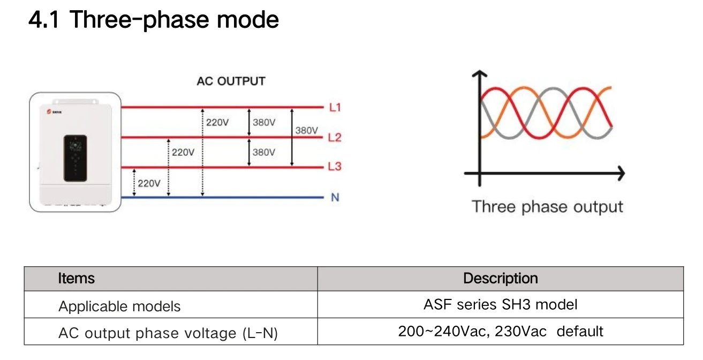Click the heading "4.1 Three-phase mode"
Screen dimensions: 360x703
[x=154, y=20]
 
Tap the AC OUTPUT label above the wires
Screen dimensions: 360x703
[x=231, y=81]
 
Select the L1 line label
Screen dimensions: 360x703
[x=335, y=108]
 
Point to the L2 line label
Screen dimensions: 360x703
[x=335, y=138]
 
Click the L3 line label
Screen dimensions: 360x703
[x=335, y=167]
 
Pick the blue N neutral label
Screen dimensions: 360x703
[x=335, y=198]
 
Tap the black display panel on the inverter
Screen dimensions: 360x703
[x=75, y=157]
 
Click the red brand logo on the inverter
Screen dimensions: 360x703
[x=46, y=113]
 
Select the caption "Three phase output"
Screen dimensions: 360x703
[x=547, y=207]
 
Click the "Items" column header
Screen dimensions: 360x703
[x=76, y=279]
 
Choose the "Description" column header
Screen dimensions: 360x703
[x=500, y=279]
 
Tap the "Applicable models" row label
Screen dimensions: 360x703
[x=119, y=306]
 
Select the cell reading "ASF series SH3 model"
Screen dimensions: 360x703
[x=500, y=305]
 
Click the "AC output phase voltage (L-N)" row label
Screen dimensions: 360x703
[x=168, y=333]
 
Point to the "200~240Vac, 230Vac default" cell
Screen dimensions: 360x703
[x=500, y=332]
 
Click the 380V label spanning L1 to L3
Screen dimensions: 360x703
[x=306, y=130]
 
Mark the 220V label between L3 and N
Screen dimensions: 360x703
[x=149, y=183]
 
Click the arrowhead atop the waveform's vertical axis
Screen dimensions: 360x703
[x=479, y=74]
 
